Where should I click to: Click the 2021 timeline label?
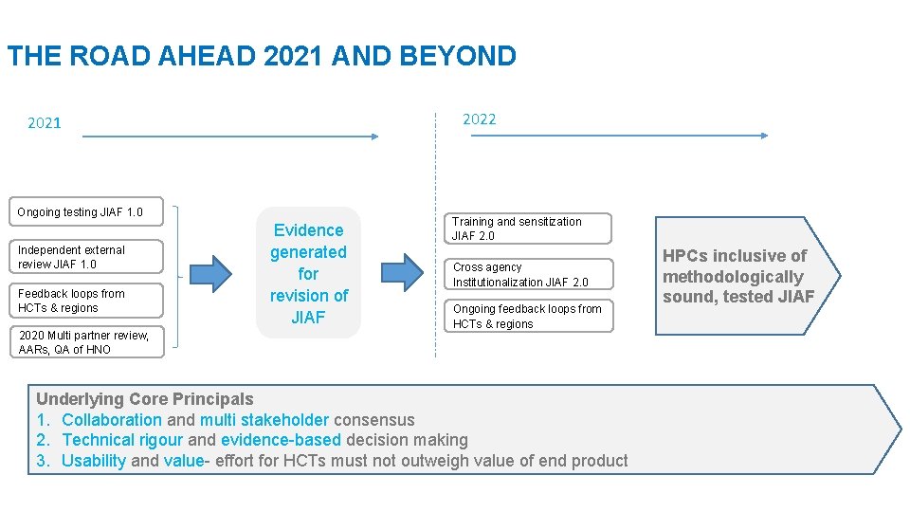pyautogui.click(x=45, y=122)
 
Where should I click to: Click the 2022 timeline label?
pyautogui.click(x=479, y=119)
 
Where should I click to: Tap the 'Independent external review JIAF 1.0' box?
pyautogui.click(x=85, y=257)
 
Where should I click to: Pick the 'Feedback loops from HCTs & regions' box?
pyautogui.click(x=85, y=301)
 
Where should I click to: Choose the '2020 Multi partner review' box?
pyautogui.click(x=85, y=342)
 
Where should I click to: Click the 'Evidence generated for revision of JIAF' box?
pyautogui.click(x=309, y=273)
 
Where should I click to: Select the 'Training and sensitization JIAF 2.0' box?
pyautogui.click(x=531, y=229)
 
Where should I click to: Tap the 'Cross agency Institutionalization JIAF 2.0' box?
pyautogui.click(x=531, y=274)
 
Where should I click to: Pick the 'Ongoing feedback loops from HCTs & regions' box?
pyautogui.click(x=531, y=316)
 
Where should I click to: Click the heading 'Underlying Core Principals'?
pyautogui.click(x=145, y=399)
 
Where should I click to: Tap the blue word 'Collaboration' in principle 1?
pyautogui.click(x=112, y=420)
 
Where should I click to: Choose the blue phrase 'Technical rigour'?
pyautogui.click(x=122, y=440)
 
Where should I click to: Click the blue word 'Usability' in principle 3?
pyautogui.click(x=94, y=461)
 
